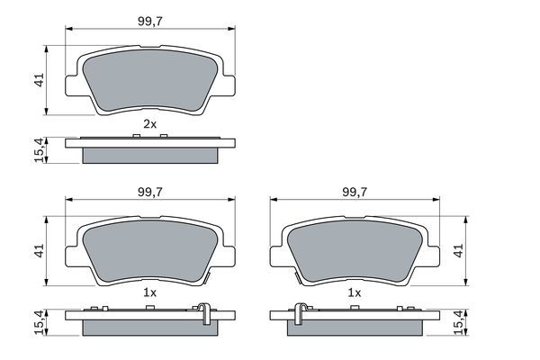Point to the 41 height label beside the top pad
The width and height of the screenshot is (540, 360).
37,80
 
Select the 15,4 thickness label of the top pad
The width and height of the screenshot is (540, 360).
37,149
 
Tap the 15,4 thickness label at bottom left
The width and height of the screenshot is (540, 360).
37,320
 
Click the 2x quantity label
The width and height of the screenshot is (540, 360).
149,122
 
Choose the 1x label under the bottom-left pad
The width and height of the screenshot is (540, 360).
149,293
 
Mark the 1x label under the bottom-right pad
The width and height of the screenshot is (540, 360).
354,293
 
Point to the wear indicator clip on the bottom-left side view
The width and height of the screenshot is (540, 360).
206,311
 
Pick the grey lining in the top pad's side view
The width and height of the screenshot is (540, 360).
150,155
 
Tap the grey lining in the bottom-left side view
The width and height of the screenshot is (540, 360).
150,327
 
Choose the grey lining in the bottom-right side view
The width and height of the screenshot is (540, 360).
354,327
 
